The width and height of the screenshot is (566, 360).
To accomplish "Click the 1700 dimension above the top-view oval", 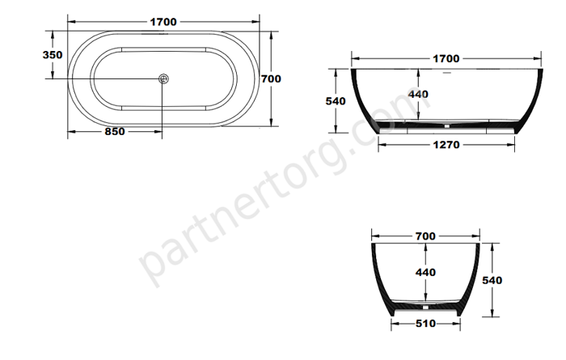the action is pos(163,22).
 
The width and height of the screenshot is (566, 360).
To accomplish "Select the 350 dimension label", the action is pos(53,55).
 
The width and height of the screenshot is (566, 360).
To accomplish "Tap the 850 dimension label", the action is pos(115,131).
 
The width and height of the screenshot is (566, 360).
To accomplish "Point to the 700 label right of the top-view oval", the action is pos(271,78).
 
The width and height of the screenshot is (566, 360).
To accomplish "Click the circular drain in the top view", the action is pos(163,78).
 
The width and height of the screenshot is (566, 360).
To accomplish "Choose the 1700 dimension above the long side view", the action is pos(446,58).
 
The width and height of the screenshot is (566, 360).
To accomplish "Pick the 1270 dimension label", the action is pos(446,145).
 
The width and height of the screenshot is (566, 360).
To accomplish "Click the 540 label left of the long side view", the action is pos(336,101).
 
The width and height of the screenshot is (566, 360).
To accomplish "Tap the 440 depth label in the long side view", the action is pos(418,94).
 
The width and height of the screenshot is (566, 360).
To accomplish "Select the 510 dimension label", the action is pos(425,324).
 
